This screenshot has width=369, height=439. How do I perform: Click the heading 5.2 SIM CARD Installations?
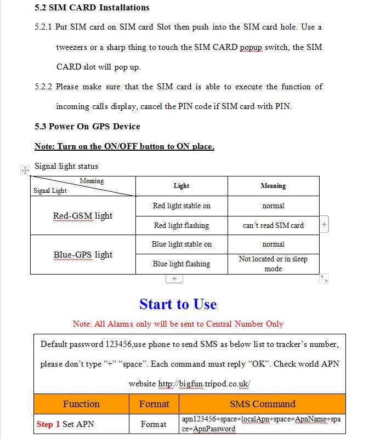(x=92, y=8)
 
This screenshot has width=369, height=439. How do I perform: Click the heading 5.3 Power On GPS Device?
(x=87, y=127)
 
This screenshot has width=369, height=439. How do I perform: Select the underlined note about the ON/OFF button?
(x=124, y=146)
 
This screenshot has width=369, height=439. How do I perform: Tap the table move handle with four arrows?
(x=25, y=170)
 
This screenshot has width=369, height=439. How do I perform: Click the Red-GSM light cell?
(x=83, y=216)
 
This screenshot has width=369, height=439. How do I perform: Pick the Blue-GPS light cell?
(x=83, y=255)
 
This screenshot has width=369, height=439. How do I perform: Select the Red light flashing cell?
(x=181, y=225)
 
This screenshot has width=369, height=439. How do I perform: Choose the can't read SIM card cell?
(x=273, y=225)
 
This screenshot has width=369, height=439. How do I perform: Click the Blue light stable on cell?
(x=181, y=244)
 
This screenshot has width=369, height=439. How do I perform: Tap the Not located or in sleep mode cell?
(x=273, y=264)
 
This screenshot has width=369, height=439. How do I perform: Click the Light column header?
(x=181, y=186)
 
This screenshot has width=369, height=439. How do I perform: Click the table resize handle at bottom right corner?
(x=324, y=278)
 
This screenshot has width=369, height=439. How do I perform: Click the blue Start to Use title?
(x=178, y=304)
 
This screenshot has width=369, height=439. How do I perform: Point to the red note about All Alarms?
(x=178, y=324)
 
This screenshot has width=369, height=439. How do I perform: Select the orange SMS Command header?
(x=262, y=404)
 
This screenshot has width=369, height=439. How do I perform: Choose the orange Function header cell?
(x=81, y=404)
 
